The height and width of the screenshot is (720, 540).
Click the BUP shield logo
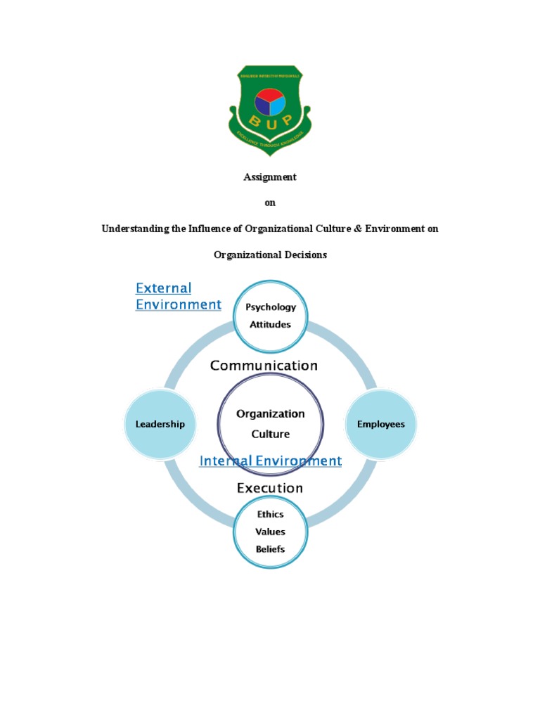[270, 110]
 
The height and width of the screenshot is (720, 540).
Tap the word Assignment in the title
[270, 177]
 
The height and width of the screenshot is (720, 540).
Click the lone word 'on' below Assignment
[270, 203]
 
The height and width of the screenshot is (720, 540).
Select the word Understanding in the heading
[136, 229]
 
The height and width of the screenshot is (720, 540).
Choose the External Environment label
[178, 296]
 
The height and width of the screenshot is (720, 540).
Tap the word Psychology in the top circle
[271, 307]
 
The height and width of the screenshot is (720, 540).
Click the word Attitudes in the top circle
[271, 325]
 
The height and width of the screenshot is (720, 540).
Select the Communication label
[264, 366]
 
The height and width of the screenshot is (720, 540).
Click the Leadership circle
[160, 424]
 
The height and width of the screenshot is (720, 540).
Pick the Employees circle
[381, 425]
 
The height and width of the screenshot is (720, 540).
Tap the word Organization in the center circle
[271, 414]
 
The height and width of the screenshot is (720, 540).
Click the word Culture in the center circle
[271, 434]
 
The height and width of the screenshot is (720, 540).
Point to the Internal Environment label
[271, 461]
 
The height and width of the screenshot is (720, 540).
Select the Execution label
[270, 488]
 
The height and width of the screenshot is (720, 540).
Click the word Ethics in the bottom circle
[271, 515]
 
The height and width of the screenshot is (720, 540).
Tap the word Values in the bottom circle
[271, 532]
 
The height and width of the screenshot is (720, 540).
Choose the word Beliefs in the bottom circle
[271, 548]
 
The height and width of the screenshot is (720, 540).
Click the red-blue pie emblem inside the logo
[270, 103]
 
